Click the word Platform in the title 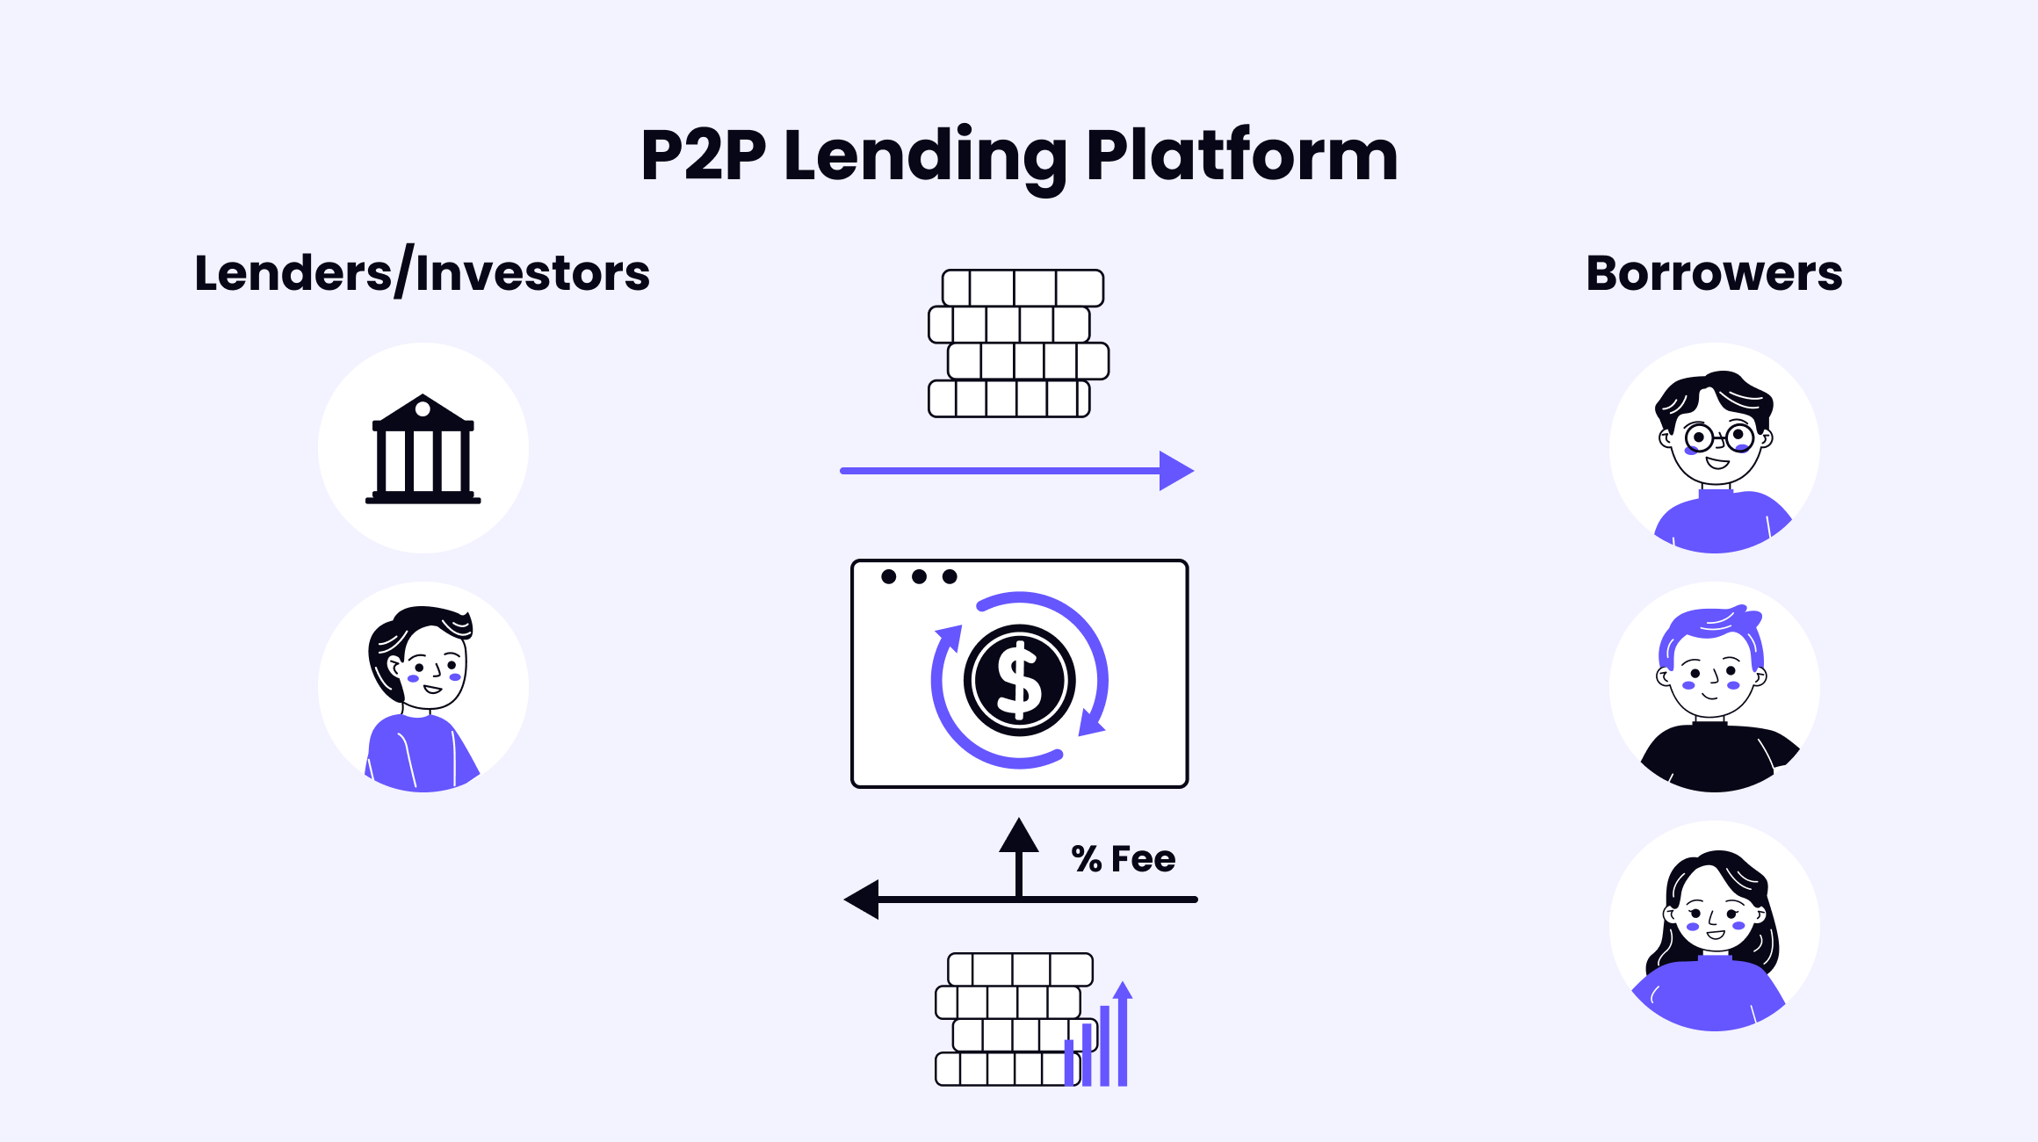click(1240, 155)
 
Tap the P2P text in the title click(703, 155)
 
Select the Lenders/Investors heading click(422, 273)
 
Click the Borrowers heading click(1714, 273)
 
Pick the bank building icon click(423, 450)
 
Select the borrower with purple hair click(1713, 676)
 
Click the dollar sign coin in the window click(1019, 681)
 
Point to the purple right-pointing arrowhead click(1175, 471)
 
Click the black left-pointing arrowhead click(862, 900)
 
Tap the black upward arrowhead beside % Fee click(1019, 835)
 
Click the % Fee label click(1123, 859)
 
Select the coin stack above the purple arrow click(1018, 343)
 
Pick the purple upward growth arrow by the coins click(1123, 1032)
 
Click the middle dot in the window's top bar click(919, 576)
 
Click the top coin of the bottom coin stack click(1020, 970)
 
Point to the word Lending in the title click(925, 155)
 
